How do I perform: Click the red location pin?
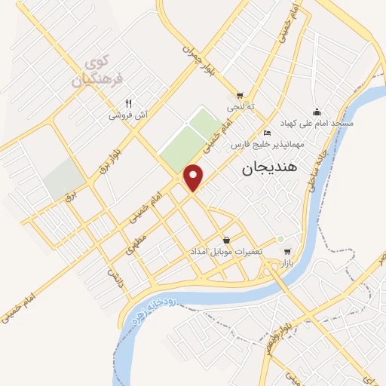195,177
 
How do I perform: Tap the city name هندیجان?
271,170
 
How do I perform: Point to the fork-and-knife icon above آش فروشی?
129,103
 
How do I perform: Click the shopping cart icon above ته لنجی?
240,96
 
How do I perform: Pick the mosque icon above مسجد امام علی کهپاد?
316,111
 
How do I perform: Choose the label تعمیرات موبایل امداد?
225,251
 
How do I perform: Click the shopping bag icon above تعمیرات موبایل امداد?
226,239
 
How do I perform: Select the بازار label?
286,263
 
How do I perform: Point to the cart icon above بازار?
286,251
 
